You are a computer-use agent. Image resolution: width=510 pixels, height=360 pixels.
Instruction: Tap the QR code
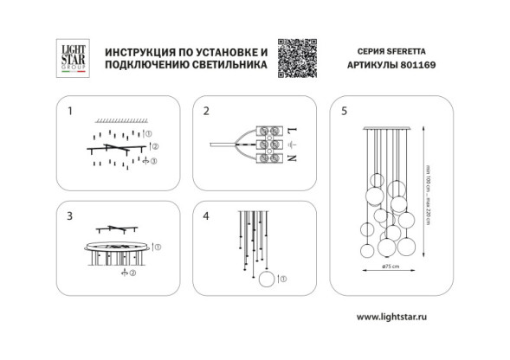click(294, 57)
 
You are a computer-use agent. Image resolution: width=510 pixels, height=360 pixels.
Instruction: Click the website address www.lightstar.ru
click(392, 318)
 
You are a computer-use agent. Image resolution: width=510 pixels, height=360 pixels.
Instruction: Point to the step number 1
click(70, 112)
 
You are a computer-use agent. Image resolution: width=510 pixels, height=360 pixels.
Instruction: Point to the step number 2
click(206, 112)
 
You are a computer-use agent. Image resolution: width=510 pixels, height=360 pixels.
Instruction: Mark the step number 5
click(345, 112)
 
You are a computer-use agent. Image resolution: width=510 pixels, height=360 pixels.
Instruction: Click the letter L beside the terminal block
click(292, 127)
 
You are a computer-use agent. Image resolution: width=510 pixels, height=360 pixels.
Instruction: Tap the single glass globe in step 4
click(268, 278)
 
